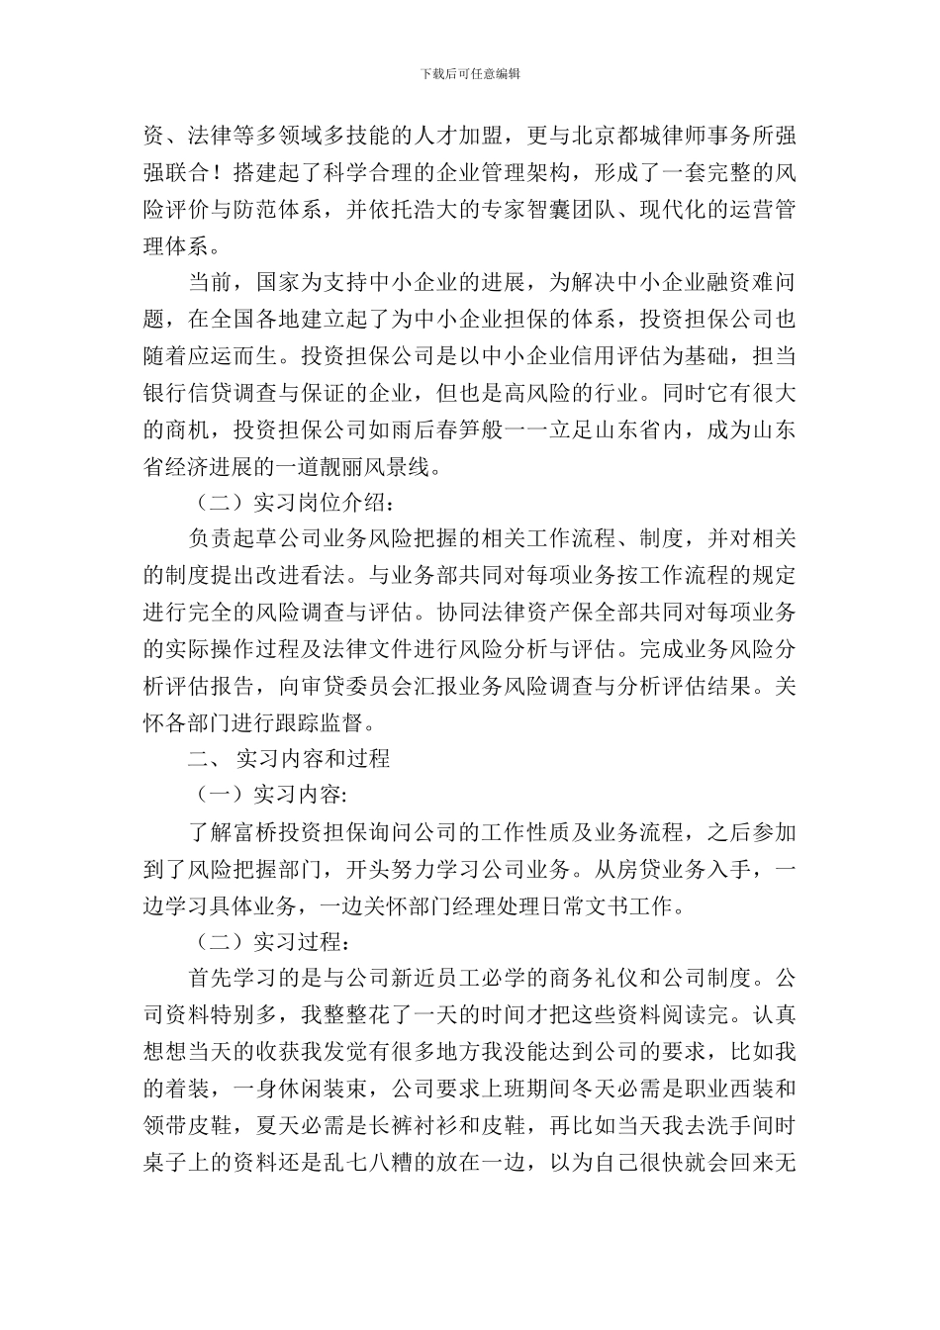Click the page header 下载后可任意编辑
470,74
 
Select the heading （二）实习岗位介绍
296,503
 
